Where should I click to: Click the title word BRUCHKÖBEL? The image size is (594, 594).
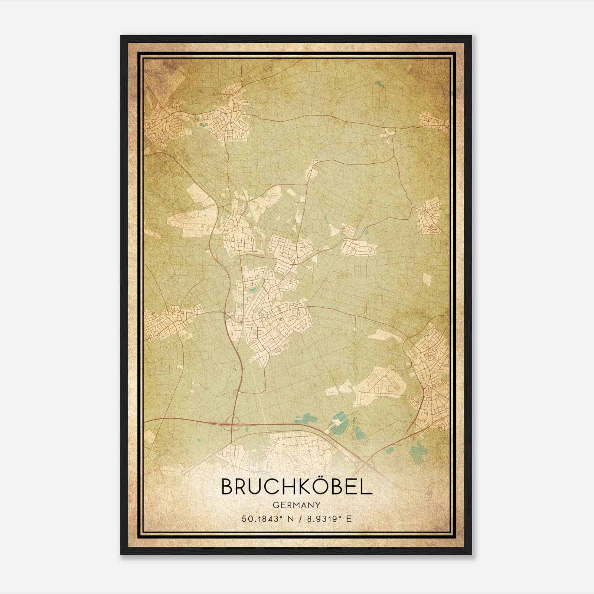(x=297, y=486)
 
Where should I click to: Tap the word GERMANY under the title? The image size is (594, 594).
(x=297, y=505)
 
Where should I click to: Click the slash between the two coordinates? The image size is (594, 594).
(x=300, y=519)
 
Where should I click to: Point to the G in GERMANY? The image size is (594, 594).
(x=275, y=505)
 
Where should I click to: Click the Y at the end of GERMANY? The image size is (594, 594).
(x=318, y=505)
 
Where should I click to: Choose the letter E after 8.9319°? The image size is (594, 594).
(x=349, y=519)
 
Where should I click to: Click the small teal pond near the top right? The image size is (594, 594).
(x=378, y=84)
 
